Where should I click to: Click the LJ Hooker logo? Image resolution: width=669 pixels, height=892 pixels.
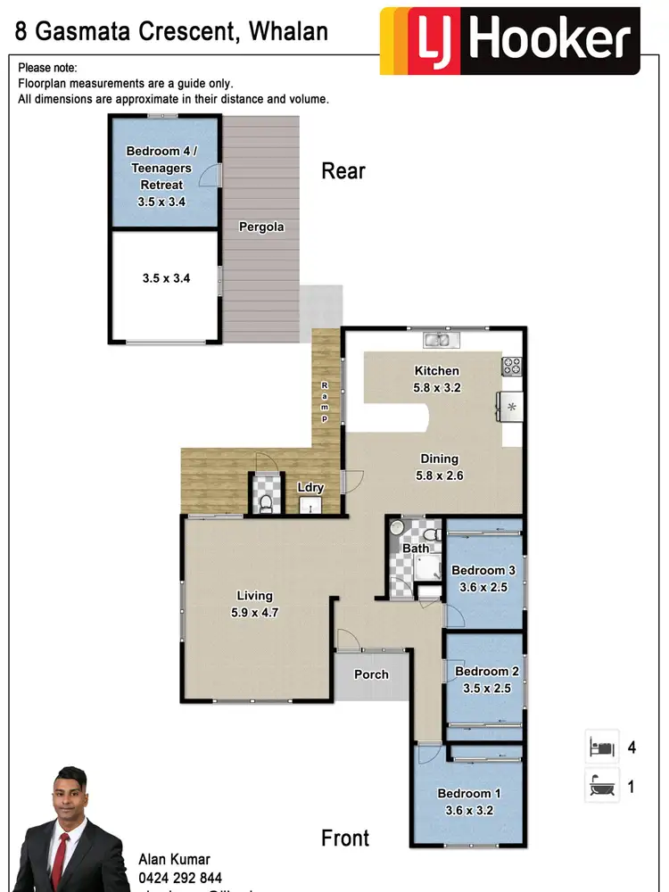pyautogui.click(x=509, y=41)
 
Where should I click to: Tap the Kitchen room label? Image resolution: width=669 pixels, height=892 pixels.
pyautogui.click(x=437, y=371)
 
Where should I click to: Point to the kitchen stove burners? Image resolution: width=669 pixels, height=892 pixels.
pyautogui.click(x=512, y=365)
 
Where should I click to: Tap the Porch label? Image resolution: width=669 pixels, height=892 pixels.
pyautogui.click(x=371, y=674)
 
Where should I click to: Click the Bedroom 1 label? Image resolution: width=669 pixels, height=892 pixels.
pyautogui.click(x=464, y=793)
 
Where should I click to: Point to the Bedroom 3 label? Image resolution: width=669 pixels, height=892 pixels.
pyautogui.click(x=483, y=571)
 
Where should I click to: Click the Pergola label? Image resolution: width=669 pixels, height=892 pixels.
pyautogui.click(x=261, y=227)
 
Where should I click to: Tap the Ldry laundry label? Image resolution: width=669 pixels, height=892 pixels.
pyautogui.click(x=310, y=487)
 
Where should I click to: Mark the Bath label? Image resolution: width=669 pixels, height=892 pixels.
pyautogui.click(x=416, y=548)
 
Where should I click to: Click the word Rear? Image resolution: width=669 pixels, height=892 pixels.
pyautogui.click(x=343, y=170)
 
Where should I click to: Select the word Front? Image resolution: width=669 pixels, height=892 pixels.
pyautogui.click(x=345, y=838)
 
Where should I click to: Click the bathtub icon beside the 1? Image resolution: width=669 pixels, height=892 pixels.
pyautogui.click(x=600, y=786)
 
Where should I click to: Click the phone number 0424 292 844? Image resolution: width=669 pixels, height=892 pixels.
pyautogui.click(x=180, y=878)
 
